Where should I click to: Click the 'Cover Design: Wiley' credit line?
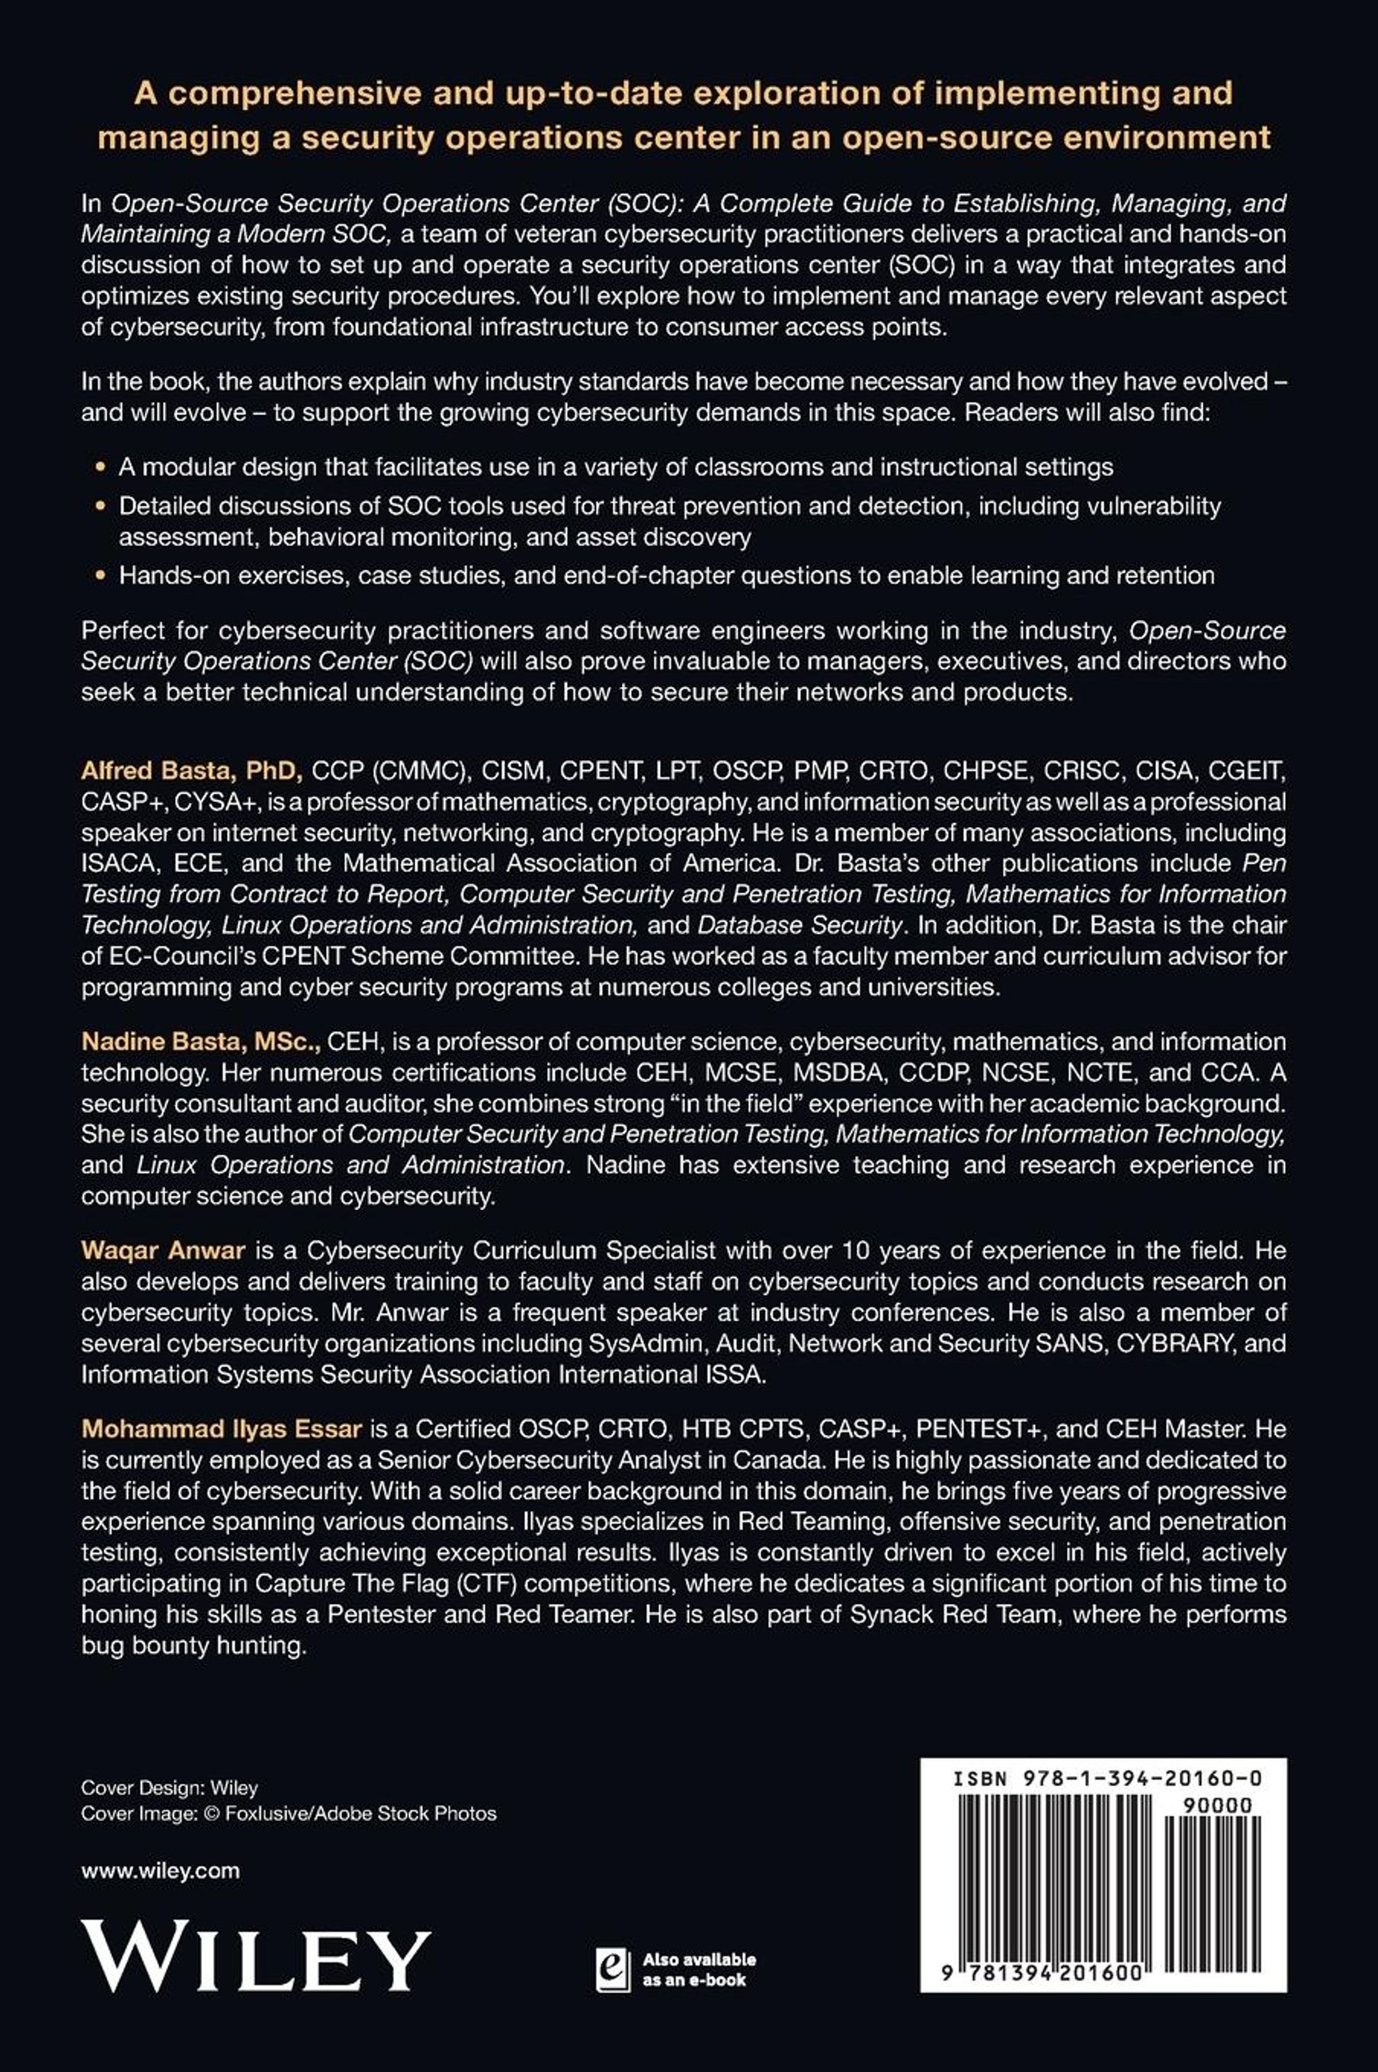[x=169, y=1787]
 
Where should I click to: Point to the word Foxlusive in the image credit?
[x=262, y=1813]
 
